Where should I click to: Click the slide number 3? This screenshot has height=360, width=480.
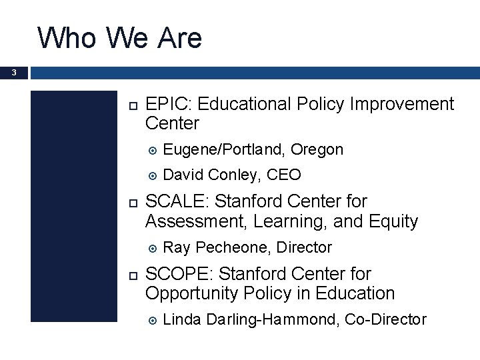(x=14, y=73)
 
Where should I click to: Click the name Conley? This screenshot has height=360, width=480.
(x=233, y=175)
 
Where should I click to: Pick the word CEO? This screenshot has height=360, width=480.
(x=283, y=175)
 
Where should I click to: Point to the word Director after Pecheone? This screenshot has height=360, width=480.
(x=304, y=248)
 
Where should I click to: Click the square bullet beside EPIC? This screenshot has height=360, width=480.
(x=131, y=105)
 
